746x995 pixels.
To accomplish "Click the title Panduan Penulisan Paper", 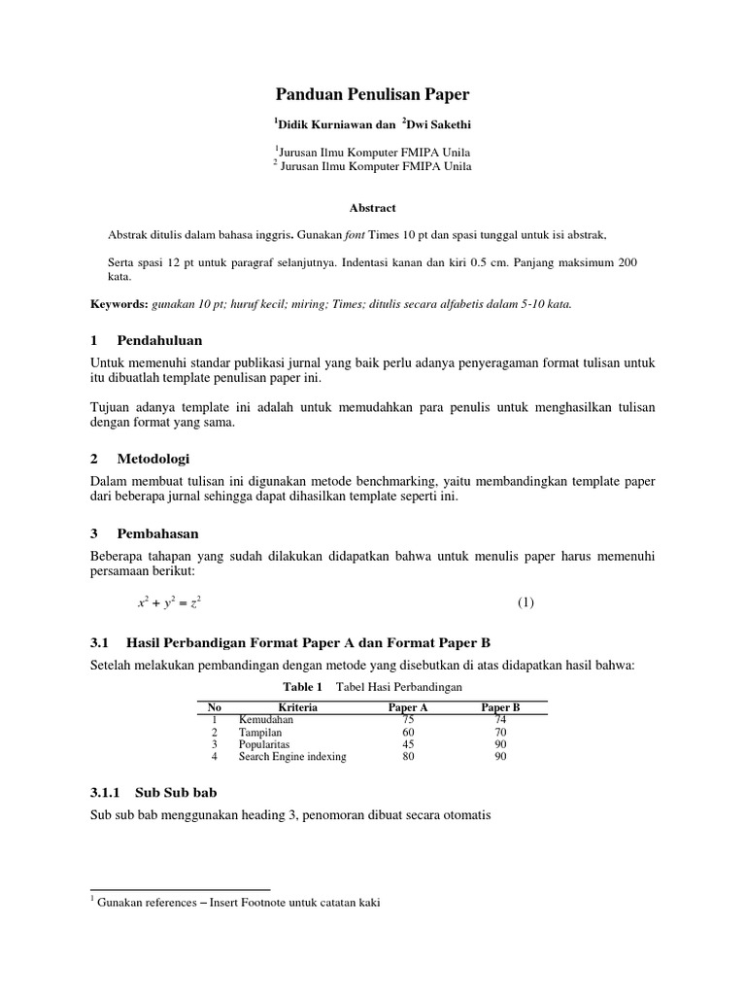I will pos(373,94).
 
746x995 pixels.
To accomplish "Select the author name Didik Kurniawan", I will pos(324,125).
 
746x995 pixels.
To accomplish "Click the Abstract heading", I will pos(373,207).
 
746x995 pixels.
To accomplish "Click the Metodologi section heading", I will pos(153,458).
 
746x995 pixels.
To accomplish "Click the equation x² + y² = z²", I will pos(169,602).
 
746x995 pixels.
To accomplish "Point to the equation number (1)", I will pos(526,602).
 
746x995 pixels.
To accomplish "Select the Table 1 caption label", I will pos(302,687).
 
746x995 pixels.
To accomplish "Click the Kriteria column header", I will pos(297,707).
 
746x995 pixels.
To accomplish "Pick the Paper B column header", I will pos(500,707).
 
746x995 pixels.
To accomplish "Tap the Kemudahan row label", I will pos(265,719).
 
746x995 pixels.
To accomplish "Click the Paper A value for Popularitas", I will pos(408,744).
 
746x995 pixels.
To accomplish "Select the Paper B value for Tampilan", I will pos(500,732).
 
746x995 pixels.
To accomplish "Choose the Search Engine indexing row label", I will pos(291,757).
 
